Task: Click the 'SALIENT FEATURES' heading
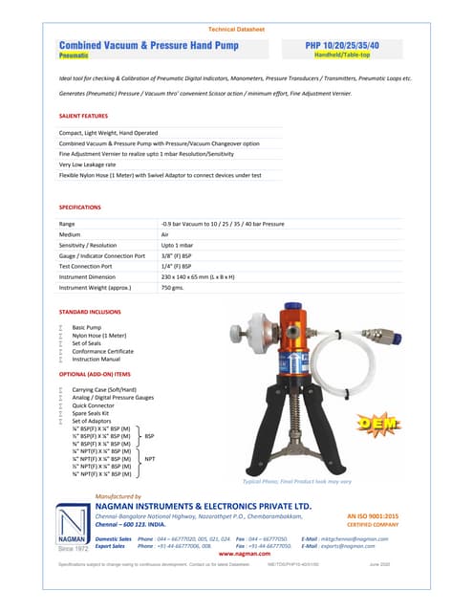point(83,115)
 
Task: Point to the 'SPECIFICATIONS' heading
point(79,207)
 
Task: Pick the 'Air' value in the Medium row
point(167,234)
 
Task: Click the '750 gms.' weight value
point(172,287)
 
